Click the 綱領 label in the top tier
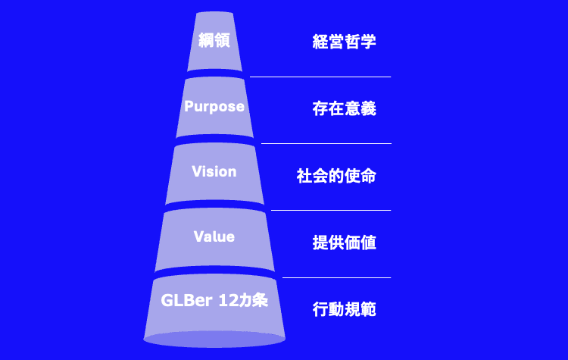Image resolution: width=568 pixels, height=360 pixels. coord(214,41)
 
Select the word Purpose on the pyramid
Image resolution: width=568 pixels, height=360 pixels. coord(214,106)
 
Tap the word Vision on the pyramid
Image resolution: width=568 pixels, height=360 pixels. coord(214,171)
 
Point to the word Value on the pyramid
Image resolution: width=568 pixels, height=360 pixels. coord(214,236)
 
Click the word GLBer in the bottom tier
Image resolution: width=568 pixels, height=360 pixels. coord(186,300)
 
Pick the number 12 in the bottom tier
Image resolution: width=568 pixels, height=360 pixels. coord(229,300)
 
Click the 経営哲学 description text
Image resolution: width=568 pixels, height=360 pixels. coord(345,42)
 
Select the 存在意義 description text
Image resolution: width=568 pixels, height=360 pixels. coord(345,109)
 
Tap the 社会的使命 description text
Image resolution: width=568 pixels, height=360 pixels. coord(336,177)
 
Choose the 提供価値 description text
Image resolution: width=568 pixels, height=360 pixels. coord(345,243)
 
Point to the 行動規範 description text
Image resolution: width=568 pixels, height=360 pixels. coord(345,309)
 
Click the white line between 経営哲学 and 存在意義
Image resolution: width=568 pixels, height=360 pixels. coord(320,77)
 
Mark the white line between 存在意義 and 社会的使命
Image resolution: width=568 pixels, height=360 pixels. coord(326,143)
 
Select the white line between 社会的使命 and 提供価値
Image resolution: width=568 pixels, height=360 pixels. coord(331,210)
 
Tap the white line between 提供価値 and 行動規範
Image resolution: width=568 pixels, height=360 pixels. coord(336,277)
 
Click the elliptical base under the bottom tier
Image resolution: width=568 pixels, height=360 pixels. coord(214,339)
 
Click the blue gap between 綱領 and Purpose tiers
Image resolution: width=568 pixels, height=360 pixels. coord(214,74)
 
